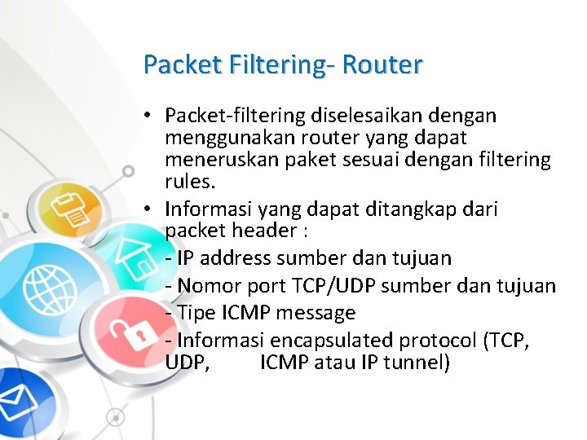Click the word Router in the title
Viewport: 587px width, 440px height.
(382, 64)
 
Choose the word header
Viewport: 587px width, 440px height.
(257, 231)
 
